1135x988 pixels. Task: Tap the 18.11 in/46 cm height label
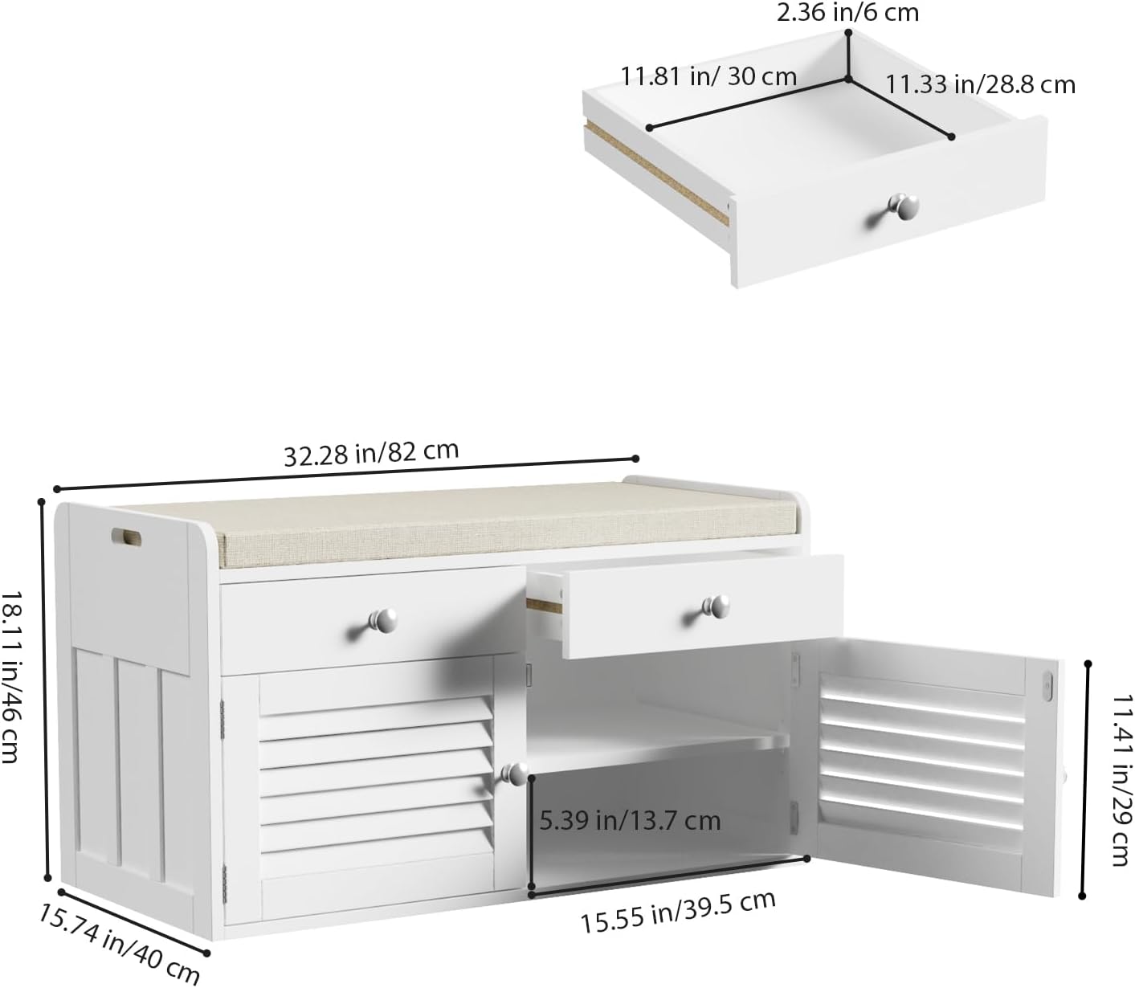(x=12, y=677)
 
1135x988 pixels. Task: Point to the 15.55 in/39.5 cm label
(x=677, y=912)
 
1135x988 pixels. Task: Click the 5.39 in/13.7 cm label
(x=630, y=820)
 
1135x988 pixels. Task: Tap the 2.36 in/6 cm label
(x=847, y=12)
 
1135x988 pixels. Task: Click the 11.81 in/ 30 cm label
(x=708, y=76)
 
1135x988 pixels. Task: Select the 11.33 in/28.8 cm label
(x=980, y=85)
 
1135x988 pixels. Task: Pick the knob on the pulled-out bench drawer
(x=717, y=607)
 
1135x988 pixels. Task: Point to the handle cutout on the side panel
(x=126, y=537)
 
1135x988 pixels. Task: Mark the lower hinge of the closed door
(x=224, y=883)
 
